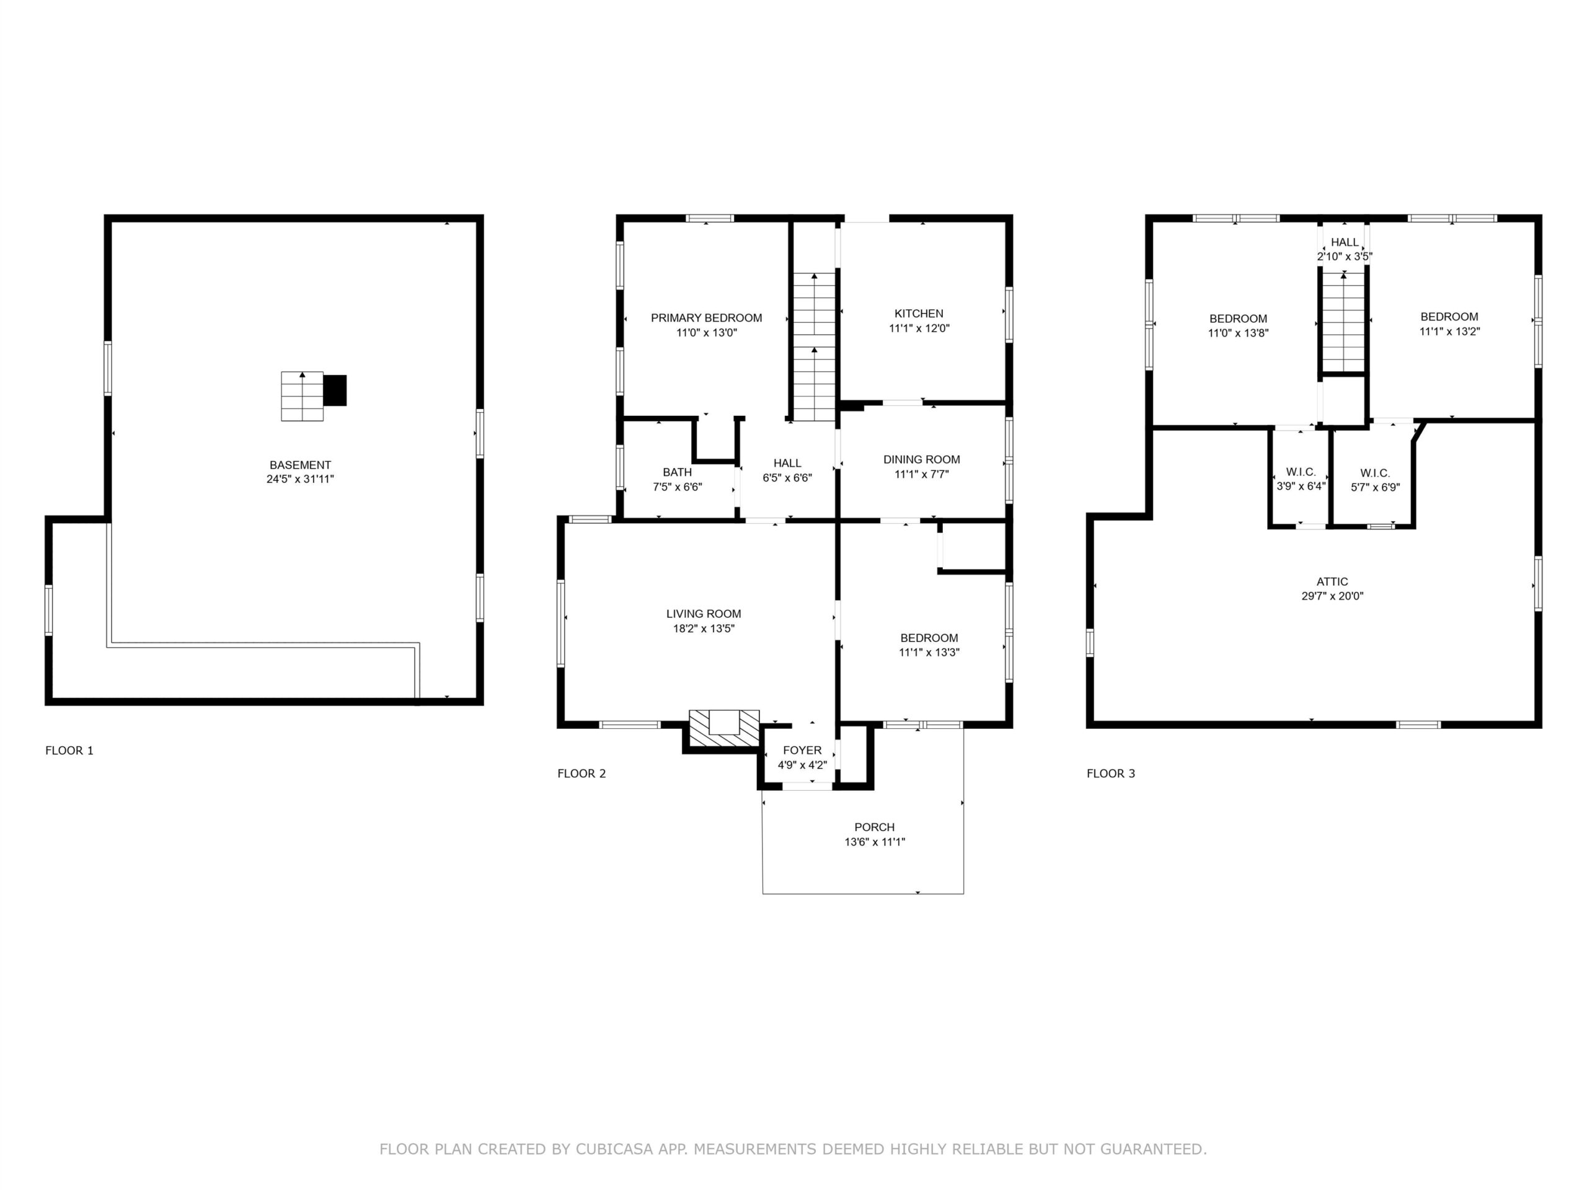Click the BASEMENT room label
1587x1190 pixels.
300,465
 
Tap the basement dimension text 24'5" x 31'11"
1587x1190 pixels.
300,479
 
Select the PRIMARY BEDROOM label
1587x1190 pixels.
706,318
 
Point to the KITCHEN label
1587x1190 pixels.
919,314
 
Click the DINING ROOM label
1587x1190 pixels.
921,459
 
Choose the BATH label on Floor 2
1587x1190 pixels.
678,472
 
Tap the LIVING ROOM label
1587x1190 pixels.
703,614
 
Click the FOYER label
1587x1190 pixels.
802,751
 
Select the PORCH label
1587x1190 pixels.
875,827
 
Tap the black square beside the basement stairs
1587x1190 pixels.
335,390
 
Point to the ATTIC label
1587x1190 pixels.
1332,582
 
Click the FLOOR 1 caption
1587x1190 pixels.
69,751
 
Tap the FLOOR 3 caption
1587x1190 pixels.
1111,773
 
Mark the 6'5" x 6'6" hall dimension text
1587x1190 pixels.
787,478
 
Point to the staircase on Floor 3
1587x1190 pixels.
1343,322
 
